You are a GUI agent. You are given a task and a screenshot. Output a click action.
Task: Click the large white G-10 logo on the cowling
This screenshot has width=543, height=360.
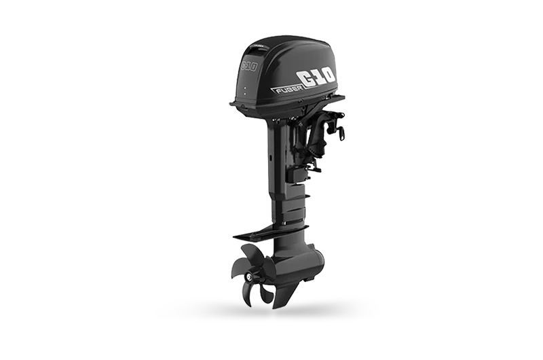coord(316,78)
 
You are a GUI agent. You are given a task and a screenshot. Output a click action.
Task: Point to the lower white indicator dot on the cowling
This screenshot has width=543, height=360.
coord(245,94)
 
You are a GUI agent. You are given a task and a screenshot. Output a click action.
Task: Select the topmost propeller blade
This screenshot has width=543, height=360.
coord(251,256)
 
